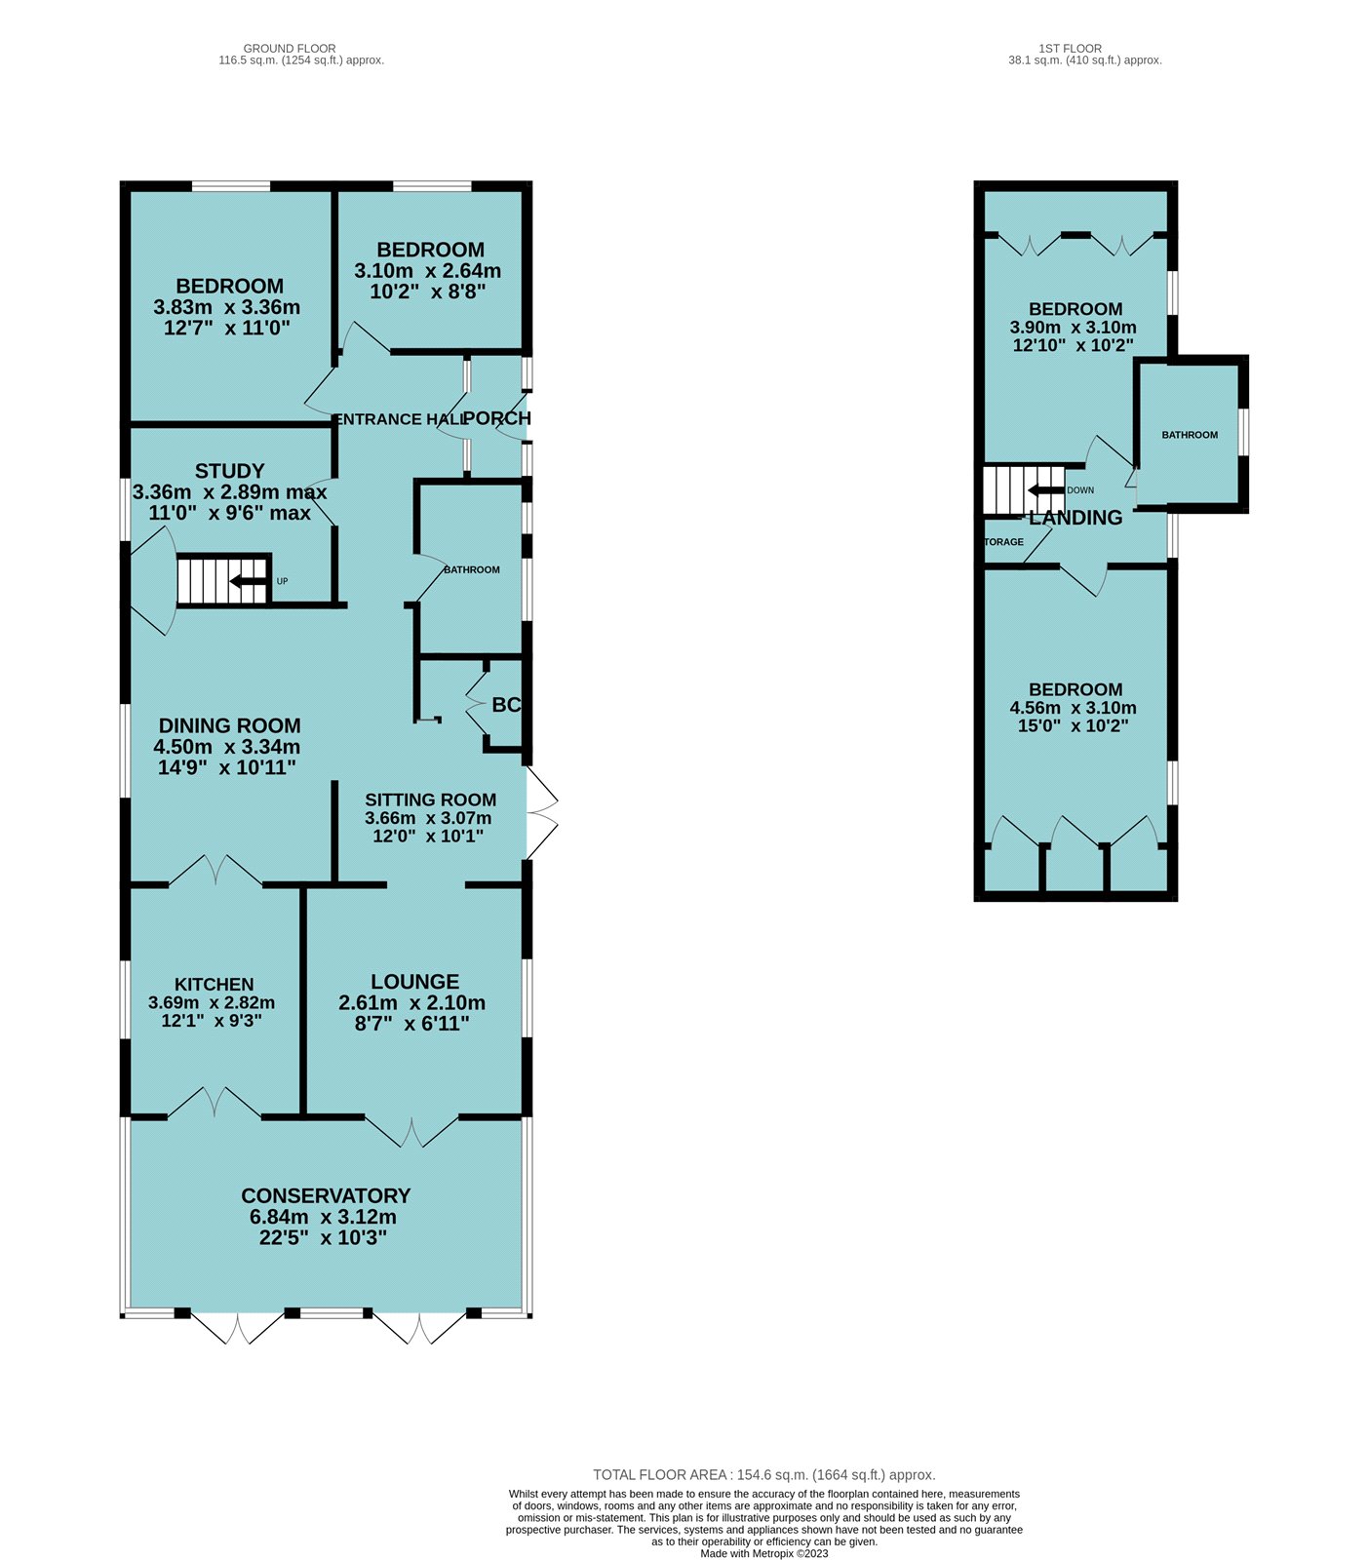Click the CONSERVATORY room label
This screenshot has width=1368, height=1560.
coord(326,1195)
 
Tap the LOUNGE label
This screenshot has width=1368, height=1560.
coord(414,982)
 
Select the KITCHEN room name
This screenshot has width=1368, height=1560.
coord(215,985)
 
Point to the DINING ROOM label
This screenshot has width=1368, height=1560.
coord(229,725)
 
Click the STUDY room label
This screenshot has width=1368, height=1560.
coord(229,471)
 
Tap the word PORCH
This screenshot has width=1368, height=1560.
coord(497,418)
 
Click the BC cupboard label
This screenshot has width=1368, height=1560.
coord(506,705)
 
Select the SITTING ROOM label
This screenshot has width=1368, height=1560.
coord(431,799)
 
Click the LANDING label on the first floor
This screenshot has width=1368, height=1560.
coord(1075,518)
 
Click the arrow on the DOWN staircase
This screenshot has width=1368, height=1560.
coord(1046,490)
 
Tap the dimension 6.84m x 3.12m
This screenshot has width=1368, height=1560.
coord(323,1217)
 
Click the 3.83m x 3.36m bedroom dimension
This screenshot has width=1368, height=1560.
coord(226,307)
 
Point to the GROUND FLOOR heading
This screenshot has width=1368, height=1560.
coord(290,48)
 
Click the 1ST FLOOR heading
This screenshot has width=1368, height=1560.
coord(1070,48)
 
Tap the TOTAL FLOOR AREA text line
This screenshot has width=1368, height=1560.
coord(763,1475)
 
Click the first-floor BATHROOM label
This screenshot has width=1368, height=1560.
coord(1190,435)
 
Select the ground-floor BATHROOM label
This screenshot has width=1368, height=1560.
coord(472,569)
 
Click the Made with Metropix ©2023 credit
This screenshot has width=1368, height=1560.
coord(763,1553)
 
